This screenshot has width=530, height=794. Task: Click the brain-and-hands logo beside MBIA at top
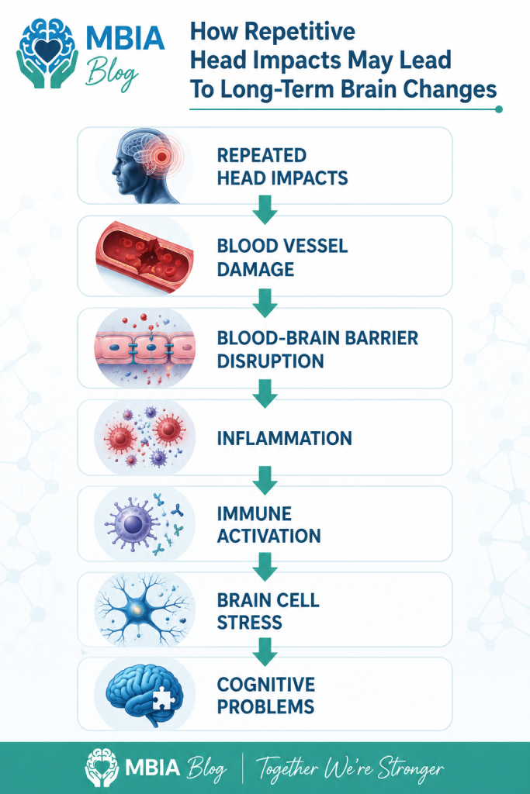(x=47, y=54)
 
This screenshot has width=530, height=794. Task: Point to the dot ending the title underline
(x=499, y=109)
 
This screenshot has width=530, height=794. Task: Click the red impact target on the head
(x=161, y=157)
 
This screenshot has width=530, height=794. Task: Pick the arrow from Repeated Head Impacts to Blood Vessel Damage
(x=265, y=209)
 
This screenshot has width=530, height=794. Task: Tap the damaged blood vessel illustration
(x=145, y=257)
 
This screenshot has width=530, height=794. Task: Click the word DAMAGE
(x=255, y=269)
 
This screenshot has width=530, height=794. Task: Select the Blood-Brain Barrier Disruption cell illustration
(x=145, y=348)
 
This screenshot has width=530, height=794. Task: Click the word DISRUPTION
(x=271, y=361)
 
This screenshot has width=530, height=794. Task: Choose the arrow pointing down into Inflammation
(x=265, y=393)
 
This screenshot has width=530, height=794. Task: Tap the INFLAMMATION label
(x=284, y=439)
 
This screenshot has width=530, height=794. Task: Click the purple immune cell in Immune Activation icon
(x=133, y=523)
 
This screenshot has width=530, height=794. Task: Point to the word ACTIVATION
(x=269, y=536)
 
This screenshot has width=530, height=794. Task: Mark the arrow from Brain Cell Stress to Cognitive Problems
(x=265, y=651)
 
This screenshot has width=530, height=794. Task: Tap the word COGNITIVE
(x=266, y=685)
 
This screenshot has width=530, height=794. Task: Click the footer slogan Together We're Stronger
(x=350, y=768)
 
